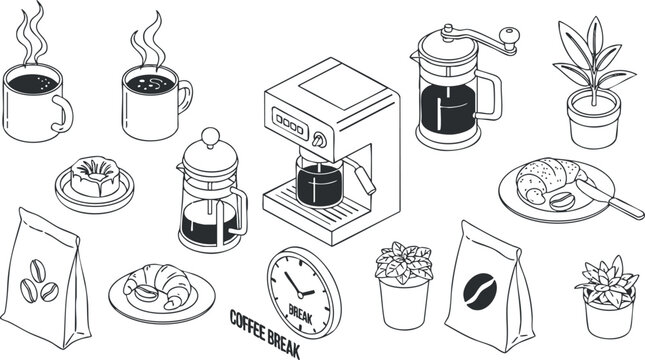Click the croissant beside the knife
(x=545, y=180)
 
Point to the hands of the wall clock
(x=298, y=283)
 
